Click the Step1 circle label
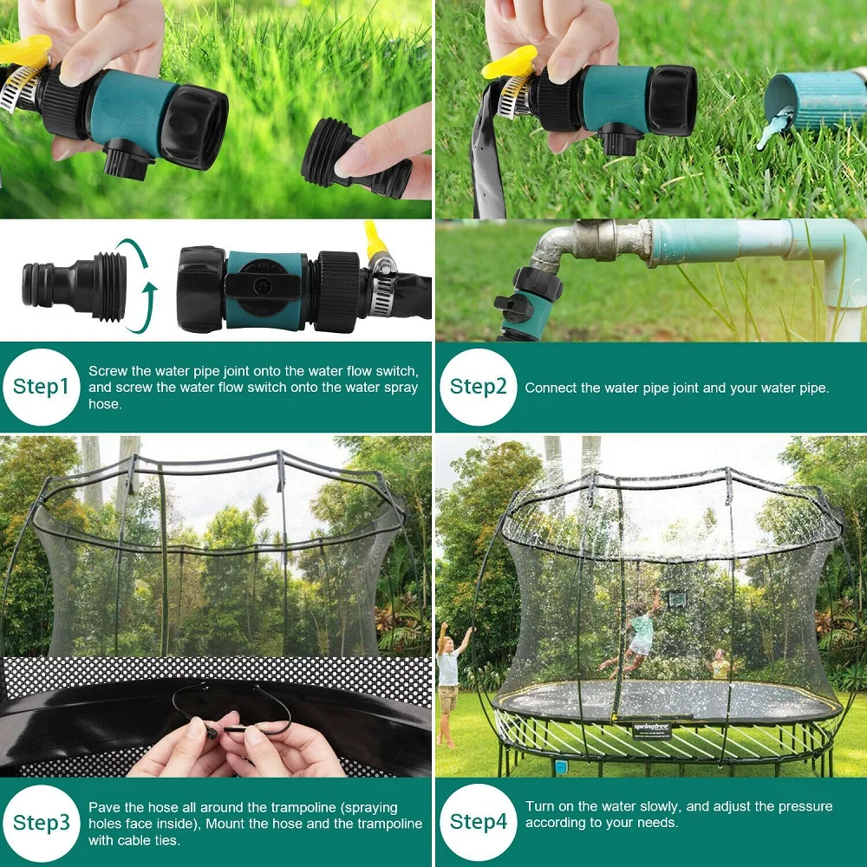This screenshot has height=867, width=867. pos(41,387)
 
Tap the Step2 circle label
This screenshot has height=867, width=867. pos(478,387)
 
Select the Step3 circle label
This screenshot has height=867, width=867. pos(41,822)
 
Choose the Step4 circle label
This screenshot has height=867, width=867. pos(478,822)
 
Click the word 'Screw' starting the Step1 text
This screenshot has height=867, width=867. pos(108,371)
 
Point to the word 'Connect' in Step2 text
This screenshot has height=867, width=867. pos(550,388)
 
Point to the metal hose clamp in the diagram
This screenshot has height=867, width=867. pos(379,286)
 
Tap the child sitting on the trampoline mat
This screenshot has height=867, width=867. pos(720,666)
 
